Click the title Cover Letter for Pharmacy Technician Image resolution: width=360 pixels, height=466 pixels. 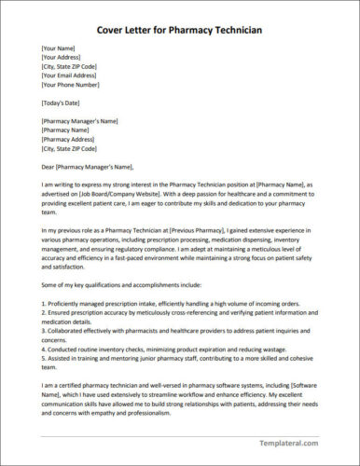point(180,30)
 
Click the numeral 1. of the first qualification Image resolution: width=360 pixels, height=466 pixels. point(44,304)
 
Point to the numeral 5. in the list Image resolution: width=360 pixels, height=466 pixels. point(44,355)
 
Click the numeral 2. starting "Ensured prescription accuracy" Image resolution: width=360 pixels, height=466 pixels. point(44,312)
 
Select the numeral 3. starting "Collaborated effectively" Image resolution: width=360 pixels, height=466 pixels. point(44,329)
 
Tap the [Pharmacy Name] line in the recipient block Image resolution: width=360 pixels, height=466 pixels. point(65,129)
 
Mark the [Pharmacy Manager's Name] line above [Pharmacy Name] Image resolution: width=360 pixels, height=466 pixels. point(79,119)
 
